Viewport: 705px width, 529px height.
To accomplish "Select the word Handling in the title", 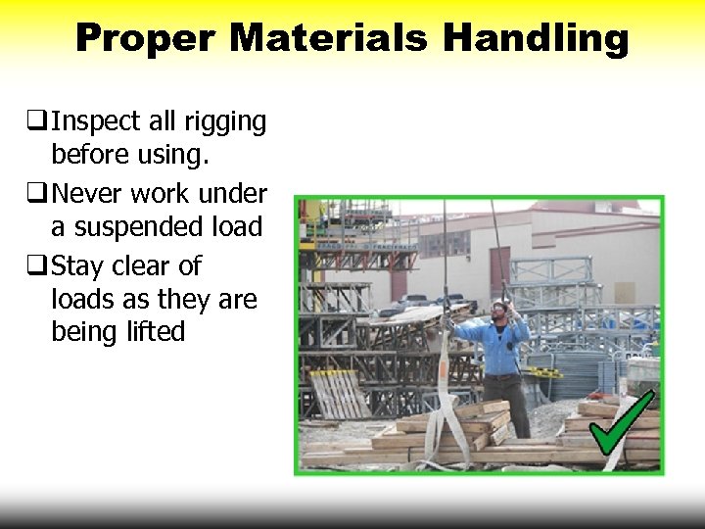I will pos(536,38).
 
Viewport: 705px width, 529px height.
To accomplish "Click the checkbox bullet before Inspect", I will pos(38,121).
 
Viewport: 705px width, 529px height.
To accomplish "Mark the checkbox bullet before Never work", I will pos(38,192).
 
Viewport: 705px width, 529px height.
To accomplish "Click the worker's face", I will pos(499,313).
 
